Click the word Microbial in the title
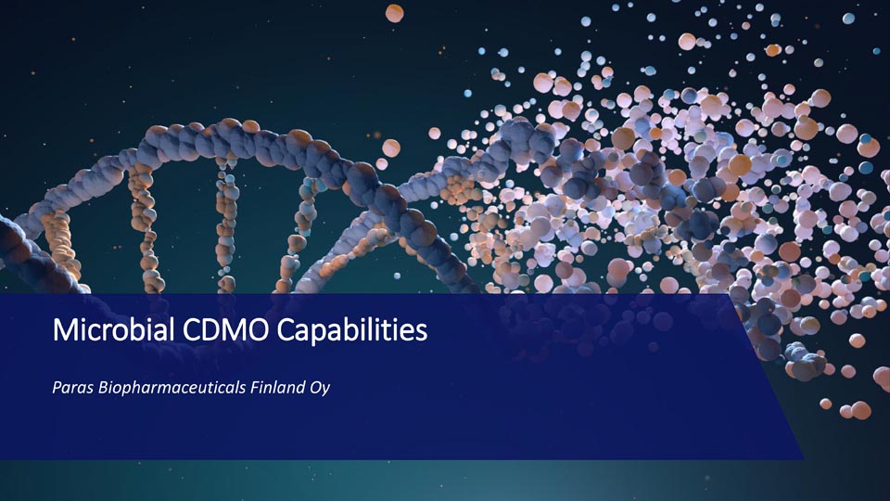click(x=113, y=329)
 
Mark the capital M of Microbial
click(x=64, y=329)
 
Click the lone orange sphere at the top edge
click(x=395, y=13)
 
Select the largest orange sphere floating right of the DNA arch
click(x=391, y=148)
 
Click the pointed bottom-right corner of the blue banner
click(x=804, y=458)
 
